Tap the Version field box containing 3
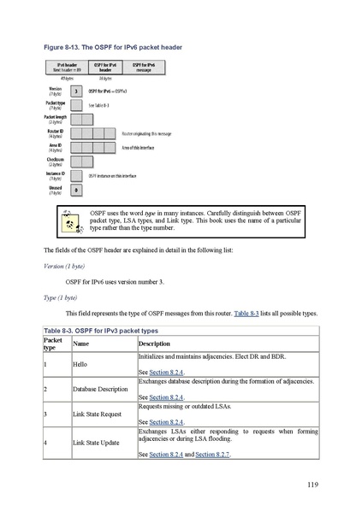[x=76, y=91]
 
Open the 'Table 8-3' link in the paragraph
[x=247, y=314]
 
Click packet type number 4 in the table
[x=45, y=443]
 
